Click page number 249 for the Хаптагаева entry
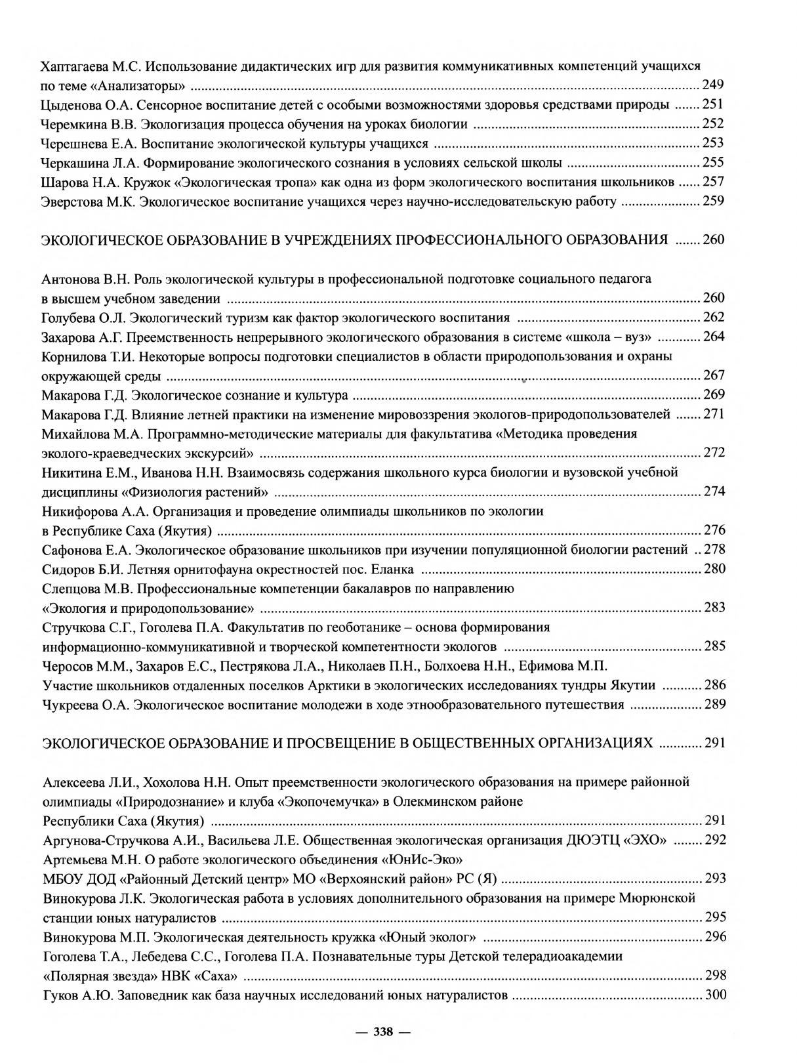tap(713, 85)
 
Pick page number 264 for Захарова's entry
tap(714, 337)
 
